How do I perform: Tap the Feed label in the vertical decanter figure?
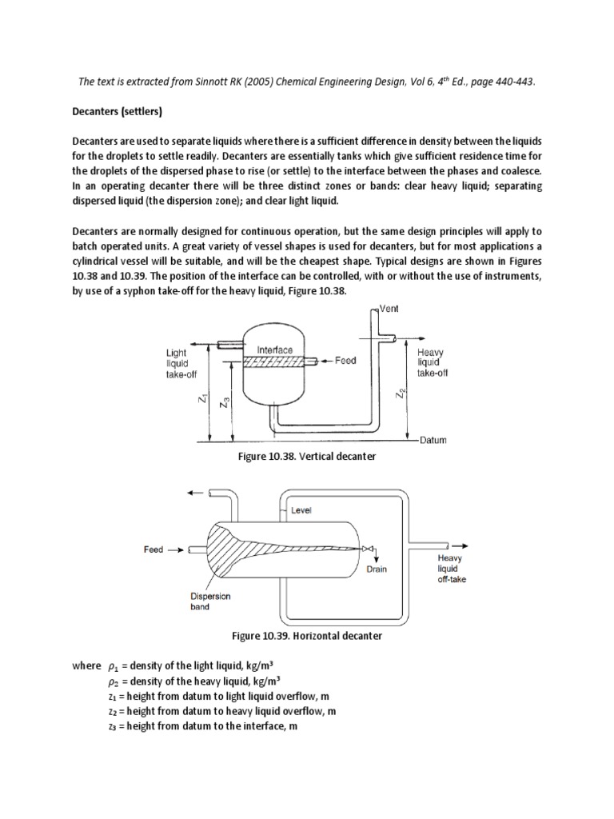point(345,361)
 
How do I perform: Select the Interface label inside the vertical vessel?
point(275,350)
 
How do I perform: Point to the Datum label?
point(433,440)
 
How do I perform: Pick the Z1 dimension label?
point(205,397)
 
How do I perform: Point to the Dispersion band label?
point(210,601)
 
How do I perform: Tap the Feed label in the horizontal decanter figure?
point(153,549)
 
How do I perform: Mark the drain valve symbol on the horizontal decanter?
point(365,549)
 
